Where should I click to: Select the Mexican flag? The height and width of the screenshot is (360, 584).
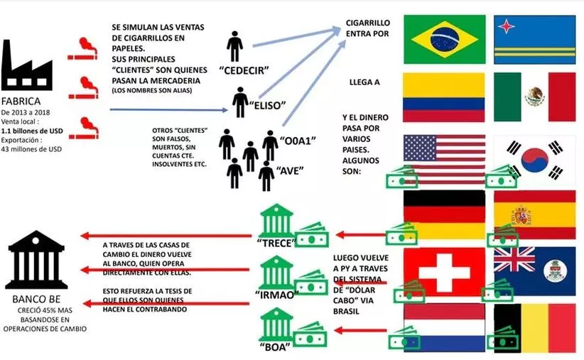click(534, 97)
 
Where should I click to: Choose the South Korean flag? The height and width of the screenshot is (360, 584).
click(534, 158)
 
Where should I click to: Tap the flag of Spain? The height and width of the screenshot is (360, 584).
click(534, 214)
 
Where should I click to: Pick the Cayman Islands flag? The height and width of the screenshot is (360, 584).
click(534, 271)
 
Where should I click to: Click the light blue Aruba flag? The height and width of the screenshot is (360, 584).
click(534, 38)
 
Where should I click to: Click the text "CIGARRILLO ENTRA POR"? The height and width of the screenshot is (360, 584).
click(367, 27)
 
